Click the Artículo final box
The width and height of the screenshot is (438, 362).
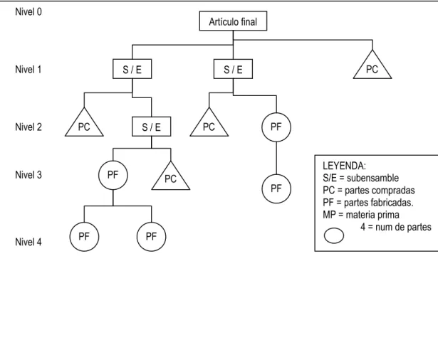click(233, 21)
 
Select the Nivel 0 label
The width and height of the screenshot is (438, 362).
click(28, 11)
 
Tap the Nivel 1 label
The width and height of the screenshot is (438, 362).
click(28, 70)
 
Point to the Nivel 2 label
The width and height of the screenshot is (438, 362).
click(28, 127)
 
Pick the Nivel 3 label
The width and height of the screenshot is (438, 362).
click(28, 175)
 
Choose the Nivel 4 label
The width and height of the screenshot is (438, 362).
click(28, 242)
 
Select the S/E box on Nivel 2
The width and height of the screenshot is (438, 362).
click(152, 127)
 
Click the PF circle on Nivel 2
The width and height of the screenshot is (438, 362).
click(276, 127)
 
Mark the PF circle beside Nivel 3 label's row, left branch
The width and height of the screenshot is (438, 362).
click(113, 175)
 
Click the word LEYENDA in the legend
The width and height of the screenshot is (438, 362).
click(344, 166)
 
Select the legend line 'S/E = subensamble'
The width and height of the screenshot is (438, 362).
click(360, 178)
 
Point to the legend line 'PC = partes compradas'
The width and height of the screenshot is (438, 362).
click(369, 190)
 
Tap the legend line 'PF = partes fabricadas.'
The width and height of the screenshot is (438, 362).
click(368, 203)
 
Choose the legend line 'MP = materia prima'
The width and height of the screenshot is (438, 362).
click(361, 215)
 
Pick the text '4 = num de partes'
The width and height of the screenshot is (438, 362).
click(396, 227)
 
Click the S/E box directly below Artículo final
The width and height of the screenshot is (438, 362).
click(233, 69)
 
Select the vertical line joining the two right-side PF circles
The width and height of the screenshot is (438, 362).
click(276, 158)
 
